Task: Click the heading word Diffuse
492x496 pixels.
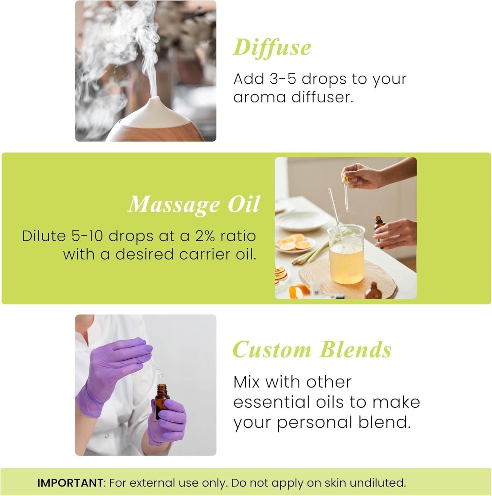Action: click(272, 47)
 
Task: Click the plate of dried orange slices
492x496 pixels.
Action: click(295, 243)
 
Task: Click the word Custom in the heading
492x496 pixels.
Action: click(272, 350)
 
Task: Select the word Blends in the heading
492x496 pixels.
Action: click(355, 350)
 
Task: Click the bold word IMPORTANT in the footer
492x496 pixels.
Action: click(70, 483)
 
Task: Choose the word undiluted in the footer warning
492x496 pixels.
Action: click(377, 483)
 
